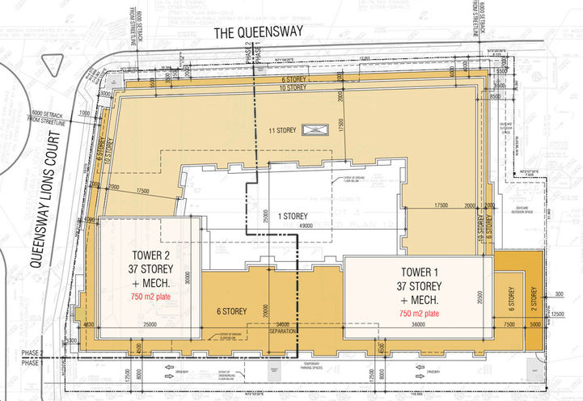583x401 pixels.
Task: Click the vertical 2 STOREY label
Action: [533, 298]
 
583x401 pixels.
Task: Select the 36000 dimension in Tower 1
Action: [417, 325]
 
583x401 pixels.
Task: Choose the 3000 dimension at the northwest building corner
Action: [106, 92]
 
